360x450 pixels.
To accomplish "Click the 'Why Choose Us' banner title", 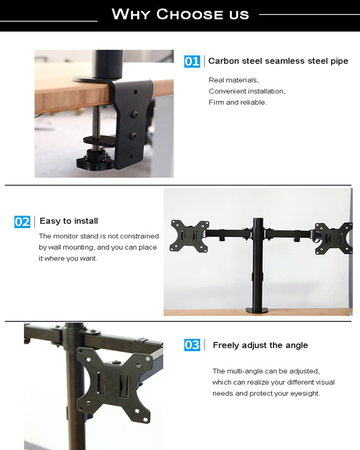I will (x=180, y=14).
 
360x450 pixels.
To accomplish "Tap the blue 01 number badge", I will (x=192, y=61).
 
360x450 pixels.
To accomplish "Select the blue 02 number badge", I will (x=22, y=221).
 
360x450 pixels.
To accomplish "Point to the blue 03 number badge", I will (x=192, y=345).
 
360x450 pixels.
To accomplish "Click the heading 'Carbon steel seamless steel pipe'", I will (x=278, y=61).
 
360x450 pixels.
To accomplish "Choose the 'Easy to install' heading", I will (x=68, y=221).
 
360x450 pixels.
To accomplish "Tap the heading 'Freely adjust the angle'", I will (x=260, y=345).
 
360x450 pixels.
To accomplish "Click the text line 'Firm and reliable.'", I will (x=238, y=102).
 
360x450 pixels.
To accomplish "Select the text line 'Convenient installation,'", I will (x=247, y=91).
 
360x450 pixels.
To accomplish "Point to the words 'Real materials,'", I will (x=234, y=80).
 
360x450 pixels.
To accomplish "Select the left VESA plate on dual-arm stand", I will (x=189, y=235).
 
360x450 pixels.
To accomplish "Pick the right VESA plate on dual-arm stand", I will (x=333, y=238).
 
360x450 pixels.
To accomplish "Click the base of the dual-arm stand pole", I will (x=257, y=310).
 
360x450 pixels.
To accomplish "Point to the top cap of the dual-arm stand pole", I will (x=258, y=220).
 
